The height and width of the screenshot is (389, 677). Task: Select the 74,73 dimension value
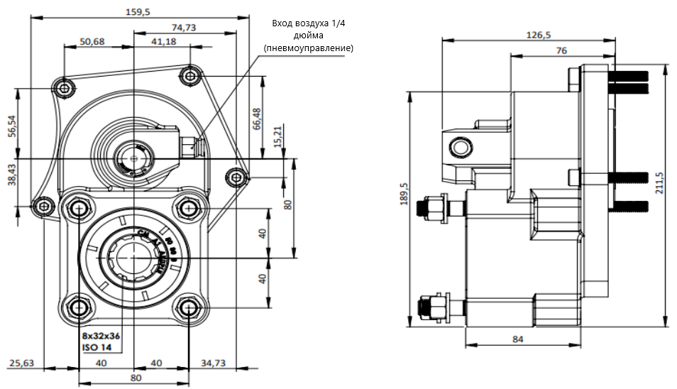coord(184,27)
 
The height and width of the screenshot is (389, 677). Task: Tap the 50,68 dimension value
coord(92,41)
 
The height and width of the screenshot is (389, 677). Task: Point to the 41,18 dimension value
coord(163,41)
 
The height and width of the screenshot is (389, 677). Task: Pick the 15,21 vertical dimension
coord(277,136)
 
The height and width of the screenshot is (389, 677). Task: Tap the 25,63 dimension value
coord(21,363)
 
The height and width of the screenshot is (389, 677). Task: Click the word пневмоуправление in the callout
coord(308,48)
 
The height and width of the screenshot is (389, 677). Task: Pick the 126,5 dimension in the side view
coord(539,34)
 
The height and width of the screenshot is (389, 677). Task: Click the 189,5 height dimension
coord(404,196)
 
